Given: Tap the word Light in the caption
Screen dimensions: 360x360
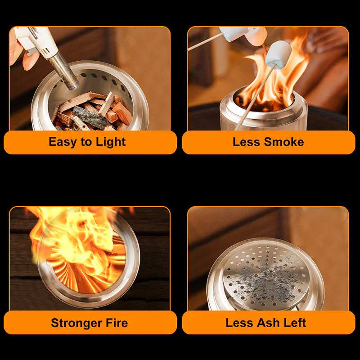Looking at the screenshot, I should point(110,142).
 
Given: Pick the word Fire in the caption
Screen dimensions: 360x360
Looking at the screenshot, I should point(117,323).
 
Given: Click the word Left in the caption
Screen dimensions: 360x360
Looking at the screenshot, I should point(295,323).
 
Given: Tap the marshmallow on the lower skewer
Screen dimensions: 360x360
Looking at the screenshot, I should point(278,54).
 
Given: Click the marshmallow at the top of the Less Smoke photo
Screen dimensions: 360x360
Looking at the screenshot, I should point(234,34).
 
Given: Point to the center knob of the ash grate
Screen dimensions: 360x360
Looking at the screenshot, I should point(269,273).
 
